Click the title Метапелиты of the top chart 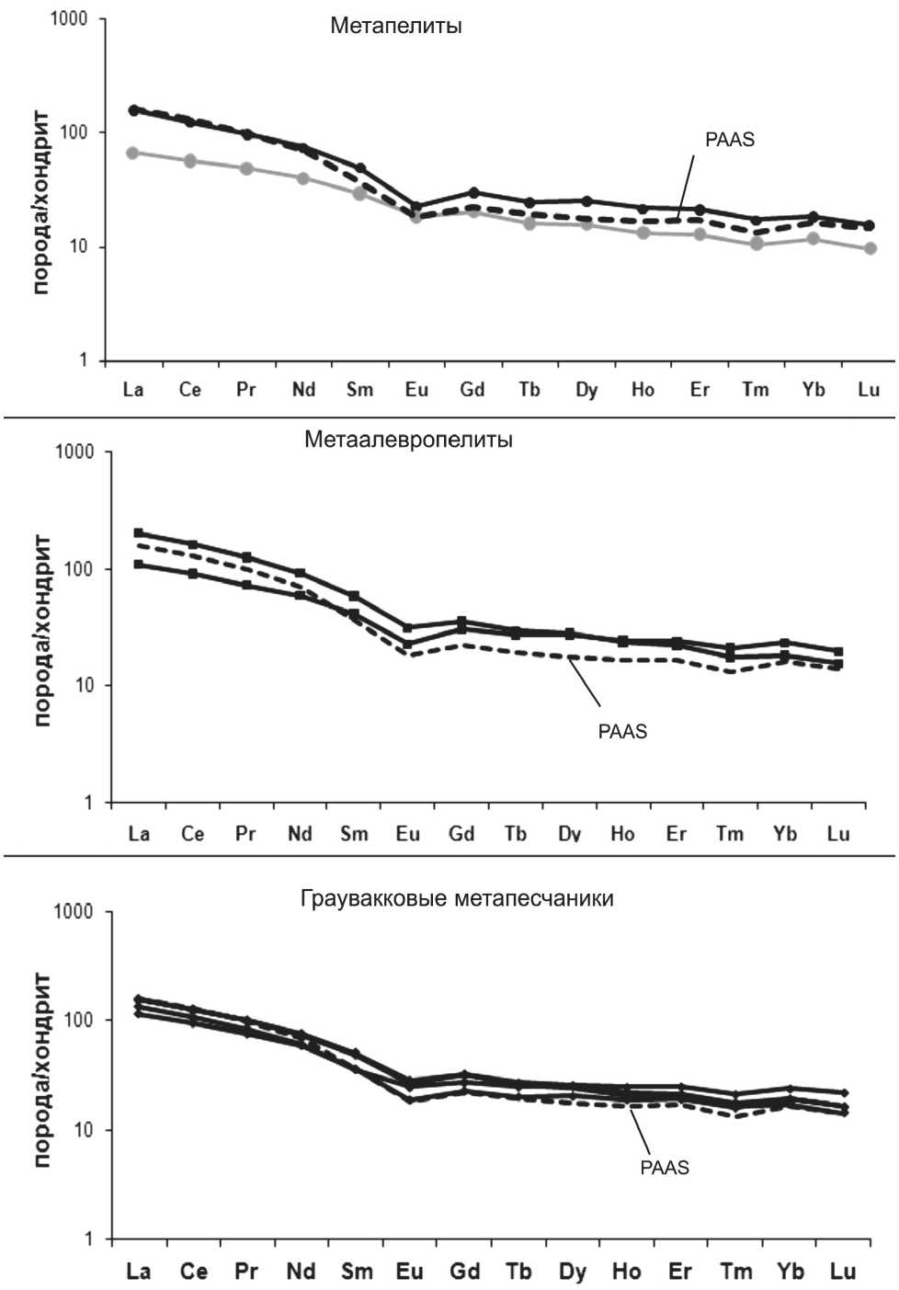[396, 26]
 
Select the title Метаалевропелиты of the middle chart [408, 440]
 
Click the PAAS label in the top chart [730, 140]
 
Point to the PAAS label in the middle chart [622, 732]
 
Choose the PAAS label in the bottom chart [665, 1168]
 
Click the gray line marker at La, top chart [133, 153]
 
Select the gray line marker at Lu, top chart [870, 248]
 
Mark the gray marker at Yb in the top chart [813, 239]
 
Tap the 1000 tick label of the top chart [69, 19]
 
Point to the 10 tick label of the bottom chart [84, 1130]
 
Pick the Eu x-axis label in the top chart [416, 390]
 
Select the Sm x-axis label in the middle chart [354, 834]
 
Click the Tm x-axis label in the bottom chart [735, 1272]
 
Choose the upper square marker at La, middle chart [139, 533]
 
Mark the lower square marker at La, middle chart [139, 564]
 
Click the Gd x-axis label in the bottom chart [465, 1272]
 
